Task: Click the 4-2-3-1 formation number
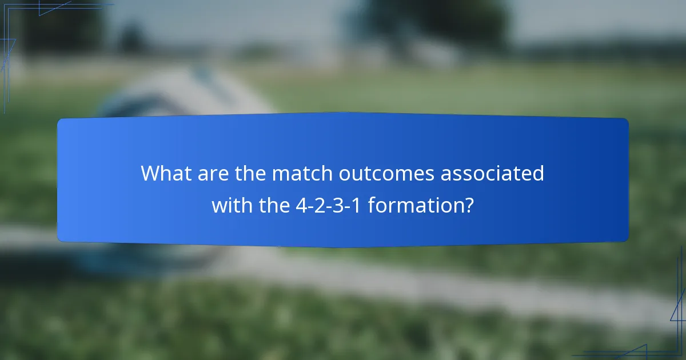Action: click(x=328, y=204)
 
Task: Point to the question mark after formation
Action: click(x=468, y=204)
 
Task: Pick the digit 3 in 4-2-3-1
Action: click(x=340, y=204)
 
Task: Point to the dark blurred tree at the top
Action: click(x=434, y=23)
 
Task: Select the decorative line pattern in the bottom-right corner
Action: click(x=672, y=331)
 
